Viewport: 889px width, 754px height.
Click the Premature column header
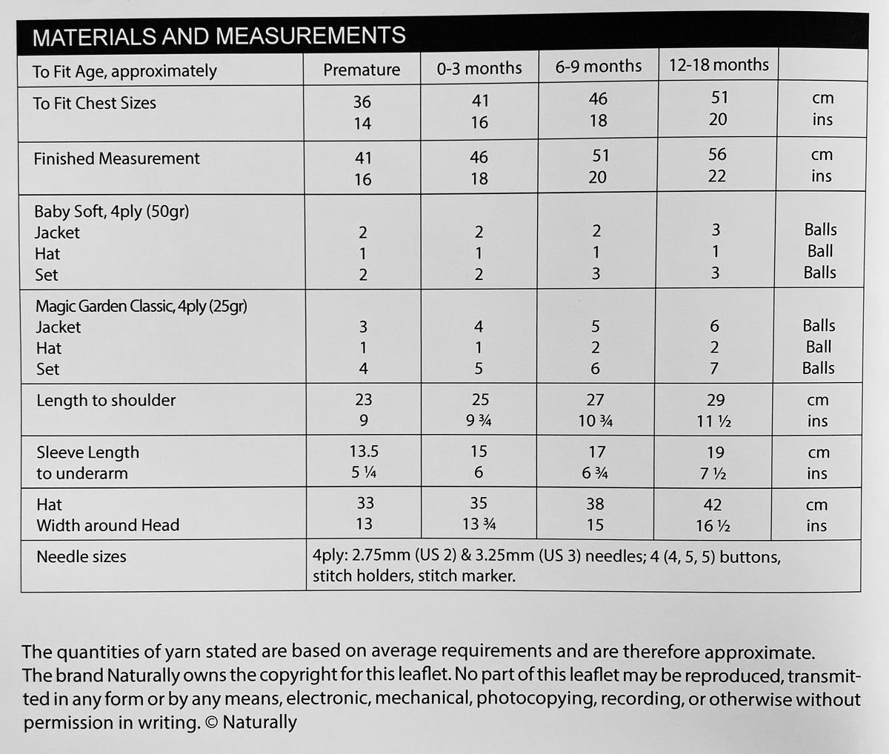click(x=362, y=70)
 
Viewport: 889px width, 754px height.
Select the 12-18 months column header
click(x=719, y=64)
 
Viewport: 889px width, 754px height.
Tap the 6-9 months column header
click(x=599, y=67)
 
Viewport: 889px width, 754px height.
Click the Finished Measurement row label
click(x=116, y=159)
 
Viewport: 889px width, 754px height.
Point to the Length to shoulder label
click(x=106, y=401)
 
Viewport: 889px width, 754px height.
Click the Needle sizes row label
click(x=81, y=557)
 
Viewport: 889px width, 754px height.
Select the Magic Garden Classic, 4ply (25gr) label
click(x=141, y=306)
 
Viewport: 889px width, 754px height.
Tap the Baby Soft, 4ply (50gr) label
click(x=112, y=212)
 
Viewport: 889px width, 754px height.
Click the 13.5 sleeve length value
click(x=364, y=451)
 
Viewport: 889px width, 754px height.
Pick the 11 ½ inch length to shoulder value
click(x=715, y=421)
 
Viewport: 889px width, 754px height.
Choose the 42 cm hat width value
click(x=713, y=505)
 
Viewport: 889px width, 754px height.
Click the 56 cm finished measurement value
click(x=717, y=154)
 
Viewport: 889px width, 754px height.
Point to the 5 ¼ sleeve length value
click(x=364, y=473)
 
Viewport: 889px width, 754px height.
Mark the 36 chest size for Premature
click(x=362, y=101)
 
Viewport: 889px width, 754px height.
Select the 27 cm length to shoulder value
click(x=596, y=400)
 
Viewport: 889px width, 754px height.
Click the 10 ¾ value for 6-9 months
click(x=596, y=421)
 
